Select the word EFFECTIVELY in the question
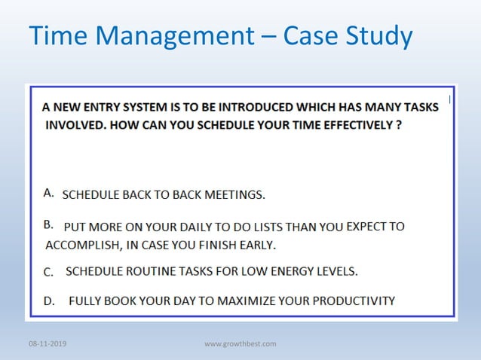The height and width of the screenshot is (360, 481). [350, 125]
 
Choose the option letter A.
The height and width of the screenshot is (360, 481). [48, 194]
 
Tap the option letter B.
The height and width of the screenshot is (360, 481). [48, 224]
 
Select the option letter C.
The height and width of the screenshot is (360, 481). [48, 271]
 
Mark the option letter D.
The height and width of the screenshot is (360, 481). [49, 301]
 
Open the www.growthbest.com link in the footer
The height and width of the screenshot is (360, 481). [240, 344]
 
